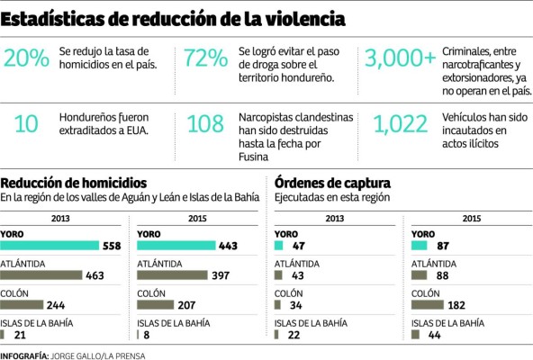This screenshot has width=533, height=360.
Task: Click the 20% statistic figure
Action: tap(26, 59)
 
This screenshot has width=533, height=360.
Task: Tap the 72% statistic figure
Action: tap(206, 59)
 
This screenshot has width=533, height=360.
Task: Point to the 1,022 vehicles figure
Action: tap(402, 124)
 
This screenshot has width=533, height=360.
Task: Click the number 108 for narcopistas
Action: tap(206, 124)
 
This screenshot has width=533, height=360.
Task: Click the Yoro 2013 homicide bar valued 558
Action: tap(50, 246)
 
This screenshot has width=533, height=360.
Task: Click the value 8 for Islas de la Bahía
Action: tap(146, 334)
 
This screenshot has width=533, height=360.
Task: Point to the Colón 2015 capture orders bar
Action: tap(427, 304)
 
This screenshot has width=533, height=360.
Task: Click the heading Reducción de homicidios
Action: tap(65, 184)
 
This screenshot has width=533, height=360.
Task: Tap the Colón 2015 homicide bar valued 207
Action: tap(158, 304)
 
